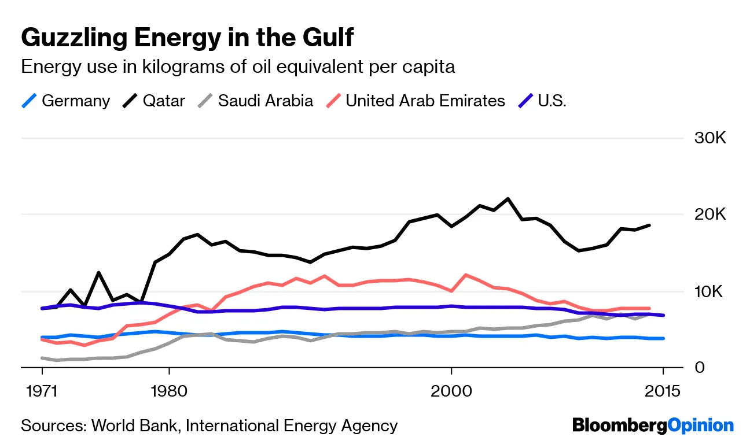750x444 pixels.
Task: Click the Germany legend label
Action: (76, 101)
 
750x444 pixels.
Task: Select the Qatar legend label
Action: (164, 101)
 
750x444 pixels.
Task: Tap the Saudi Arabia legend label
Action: (266, 101)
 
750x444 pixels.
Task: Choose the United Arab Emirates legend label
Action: (425, 101)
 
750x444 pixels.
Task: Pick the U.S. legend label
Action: (552, 101)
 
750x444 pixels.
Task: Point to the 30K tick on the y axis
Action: (709, 139)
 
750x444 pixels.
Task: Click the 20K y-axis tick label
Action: (709, 215)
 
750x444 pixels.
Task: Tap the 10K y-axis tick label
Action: (709, 291)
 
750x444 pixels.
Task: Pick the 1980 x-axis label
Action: (169, 391)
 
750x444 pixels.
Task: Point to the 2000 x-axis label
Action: (451, 391)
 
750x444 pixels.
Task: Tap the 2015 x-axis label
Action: (663, 391)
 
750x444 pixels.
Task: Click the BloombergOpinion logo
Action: (653, 426)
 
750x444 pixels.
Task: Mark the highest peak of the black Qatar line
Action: (508, 199)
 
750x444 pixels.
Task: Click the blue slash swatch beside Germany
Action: (29, 101)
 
